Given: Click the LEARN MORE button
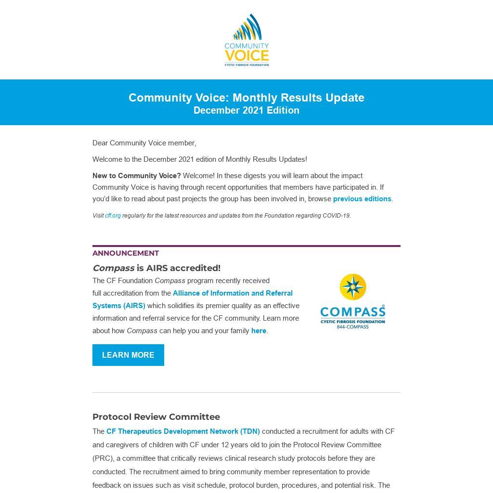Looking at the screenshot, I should point(128,355).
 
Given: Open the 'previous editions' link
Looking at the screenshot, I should point(362,199).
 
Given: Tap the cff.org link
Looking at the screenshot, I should point(113,216).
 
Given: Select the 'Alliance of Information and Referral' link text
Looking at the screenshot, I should point(233,293).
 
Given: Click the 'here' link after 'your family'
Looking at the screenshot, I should point(259,331).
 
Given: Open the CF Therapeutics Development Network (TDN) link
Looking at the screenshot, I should point(183,431).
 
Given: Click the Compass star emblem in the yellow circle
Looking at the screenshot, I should point(353,287).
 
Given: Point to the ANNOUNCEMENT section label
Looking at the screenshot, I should point(126,253).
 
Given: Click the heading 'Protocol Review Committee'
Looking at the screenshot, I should point(156,417).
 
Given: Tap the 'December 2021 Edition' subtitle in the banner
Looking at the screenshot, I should point(246,111).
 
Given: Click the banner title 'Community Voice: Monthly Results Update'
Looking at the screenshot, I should point(246,98).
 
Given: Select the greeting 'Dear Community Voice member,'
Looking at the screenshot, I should point(144,143).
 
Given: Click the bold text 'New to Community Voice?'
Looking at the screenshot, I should point(137,176).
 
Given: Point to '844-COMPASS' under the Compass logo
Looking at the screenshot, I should point(353,327).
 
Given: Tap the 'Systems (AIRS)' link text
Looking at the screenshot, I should point(119,306).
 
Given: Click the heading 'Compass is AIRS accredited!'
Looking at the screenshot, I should point(156,268).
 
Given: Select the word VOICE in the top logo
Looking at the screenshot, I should point(246,55).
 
